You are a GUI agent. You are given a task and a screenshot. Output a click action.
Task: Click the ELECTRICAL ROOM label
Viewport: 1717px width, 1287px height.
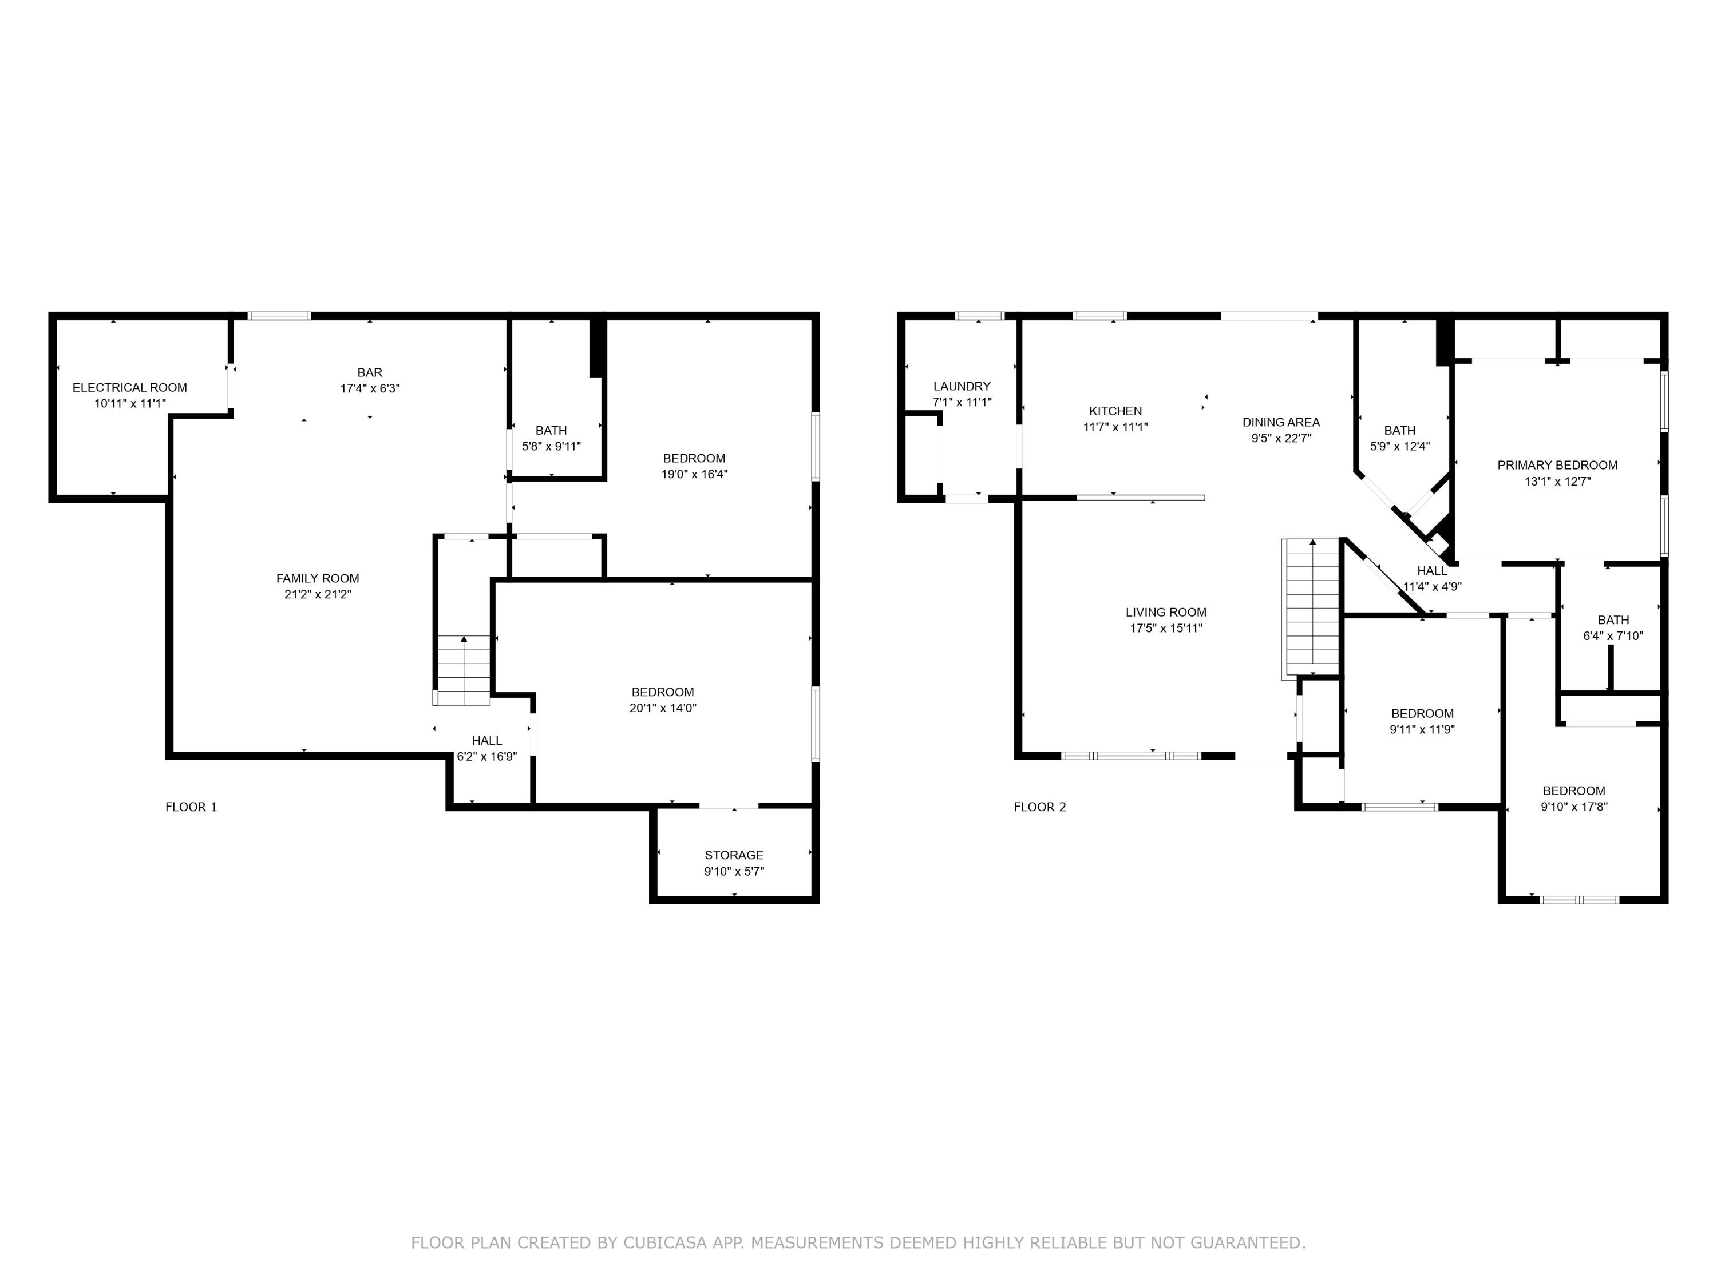(129, 387)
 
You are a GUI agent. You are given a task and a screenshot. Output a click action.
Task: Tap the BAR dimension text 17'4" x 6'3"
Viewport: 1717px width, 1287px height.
(370, 388)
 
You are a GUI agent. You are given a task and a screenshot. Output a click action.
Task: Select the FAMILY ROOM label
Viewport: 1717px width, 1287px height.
(318, 578)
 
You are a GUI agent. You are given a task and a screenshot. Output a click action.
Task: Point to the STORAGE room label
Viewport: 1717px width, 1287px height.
(734, 855)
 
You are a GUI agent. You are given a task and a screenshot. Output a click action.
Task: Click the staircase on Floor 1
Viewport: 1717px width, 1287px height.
(464, 669)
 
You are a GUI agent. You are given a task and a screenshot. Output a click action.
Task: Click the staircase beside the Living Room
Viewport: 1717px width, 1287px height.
(1311, 607)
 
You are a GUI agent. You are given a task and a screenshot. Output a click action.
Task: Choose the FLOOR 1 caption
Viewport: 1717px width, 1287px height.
(191, 807)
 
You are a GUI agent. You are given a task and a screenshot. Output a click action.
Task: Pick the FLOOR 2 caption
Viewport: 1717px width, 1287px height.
(1039, 807)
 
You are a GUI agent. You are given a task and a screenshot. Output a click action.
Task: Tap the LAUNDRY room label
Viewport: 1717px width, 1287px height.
(962, 386)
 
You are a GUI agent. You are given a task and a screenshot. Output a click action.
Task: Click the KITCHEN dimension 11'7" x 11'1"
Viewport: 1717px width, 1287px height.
(1115, 427)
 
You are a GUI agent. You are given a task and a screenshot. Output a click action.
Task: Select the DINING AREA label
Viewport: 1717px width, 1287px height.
(1281, 422)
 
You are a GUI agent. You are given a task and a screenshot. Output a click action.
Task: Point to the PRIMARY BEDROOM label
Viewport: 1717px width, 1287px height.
(1557, 464)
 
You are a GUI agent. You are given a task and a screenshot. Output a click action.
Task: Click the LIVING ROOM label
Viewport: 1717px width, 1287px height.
(1166, 612)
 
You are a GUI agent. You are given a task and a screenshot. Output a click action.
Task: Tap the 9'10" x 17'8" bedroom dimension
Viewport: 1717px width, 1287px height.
(1573, 807)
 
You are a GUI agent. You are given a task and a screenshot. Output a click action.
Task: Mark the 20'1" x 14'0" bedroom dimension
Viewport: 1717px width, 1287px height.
(662, 708)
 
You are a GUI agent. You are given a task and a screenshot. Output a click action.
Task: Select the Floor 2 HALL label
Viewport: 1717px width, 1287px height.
(1432, 571)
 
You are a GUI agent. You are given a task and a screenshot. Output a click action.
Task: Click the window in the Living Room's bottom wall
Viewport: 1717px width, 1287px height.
(1131, 755)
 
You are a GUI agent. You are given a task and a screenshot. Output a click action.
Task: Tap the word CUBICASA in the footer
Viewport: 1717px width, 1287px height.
(664, 1243)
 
